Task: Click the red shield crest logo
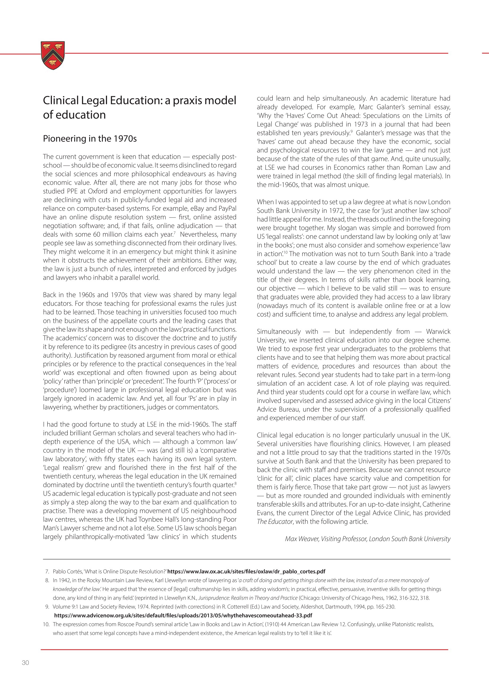[53, 55]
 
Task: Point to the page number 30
[26, 662]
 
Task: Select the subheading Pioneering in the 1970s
[90, 138]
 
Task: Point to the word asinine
[225, 251]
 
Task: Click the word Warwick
[438, 331]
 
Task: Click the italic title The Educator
[275, 521]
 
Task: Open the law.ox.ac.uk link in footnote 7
[246, 571]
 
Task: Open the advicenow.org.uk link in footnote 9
[183, 615]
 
